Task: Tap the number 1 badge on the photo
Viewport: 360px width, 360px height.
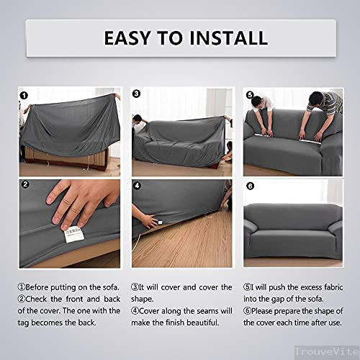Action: click(24, 94)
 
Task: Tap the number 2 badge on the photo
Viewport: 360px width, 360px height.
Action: click(24, 184)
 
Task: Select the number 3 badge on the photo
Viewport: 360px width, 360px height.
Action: click(137, 94)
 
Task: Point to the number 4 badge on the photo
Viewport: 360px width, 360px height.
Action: click(137, 184)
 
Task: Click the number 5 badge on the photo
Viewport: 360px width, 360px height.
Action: click(250, 94)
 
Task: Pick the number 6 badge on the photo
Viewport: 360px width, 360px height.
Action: click(250, 184)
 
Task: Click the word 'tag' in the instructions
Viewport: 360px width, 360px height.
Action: click(26, 323)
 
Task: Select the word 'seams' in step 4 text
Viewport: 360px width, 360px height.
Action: click(207, 310)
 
